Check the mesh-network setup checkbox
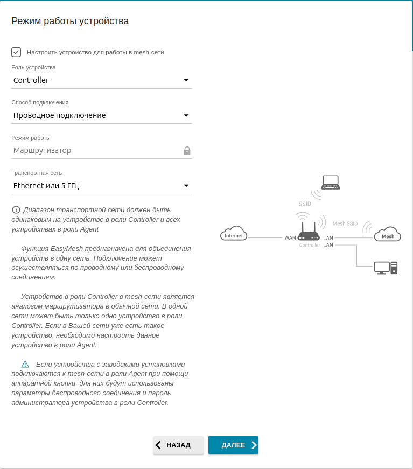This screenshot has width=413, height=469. point(16,52)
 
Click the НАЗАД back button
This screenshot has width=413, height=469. point(178,445)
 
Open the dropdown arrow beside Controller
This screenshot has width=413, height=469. point(186,80)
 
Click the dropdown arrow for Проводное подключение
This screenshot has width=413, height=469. point(186,115)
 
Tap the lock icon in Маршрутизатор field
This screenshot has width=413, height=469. point(187,151)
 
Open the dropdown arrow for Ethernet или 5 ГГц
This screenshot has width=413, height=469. point(186,186)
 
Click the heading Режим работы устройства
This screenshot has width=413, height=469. point(70,22)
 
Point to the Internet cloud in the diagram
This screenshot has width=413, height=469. point(234,234)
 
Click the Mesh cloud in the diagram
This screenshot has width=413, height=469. point(388,235)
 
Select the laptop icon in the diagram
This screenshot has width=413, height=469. point(330,183)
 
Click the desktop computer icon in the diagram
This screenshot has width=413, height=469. point(386,267)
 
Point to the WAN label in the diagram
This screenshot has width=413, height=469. point(290,238)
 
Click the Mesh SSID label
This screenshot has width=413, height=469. point(345,223)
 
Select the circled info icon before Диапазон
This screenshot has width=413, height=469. point(16,209)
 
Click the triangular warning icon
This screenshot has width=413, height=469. point(25,364)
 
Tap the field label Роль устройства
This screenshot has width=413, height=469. point(33,67)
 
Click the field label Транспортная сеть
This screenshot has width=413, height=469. point(37,173)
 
